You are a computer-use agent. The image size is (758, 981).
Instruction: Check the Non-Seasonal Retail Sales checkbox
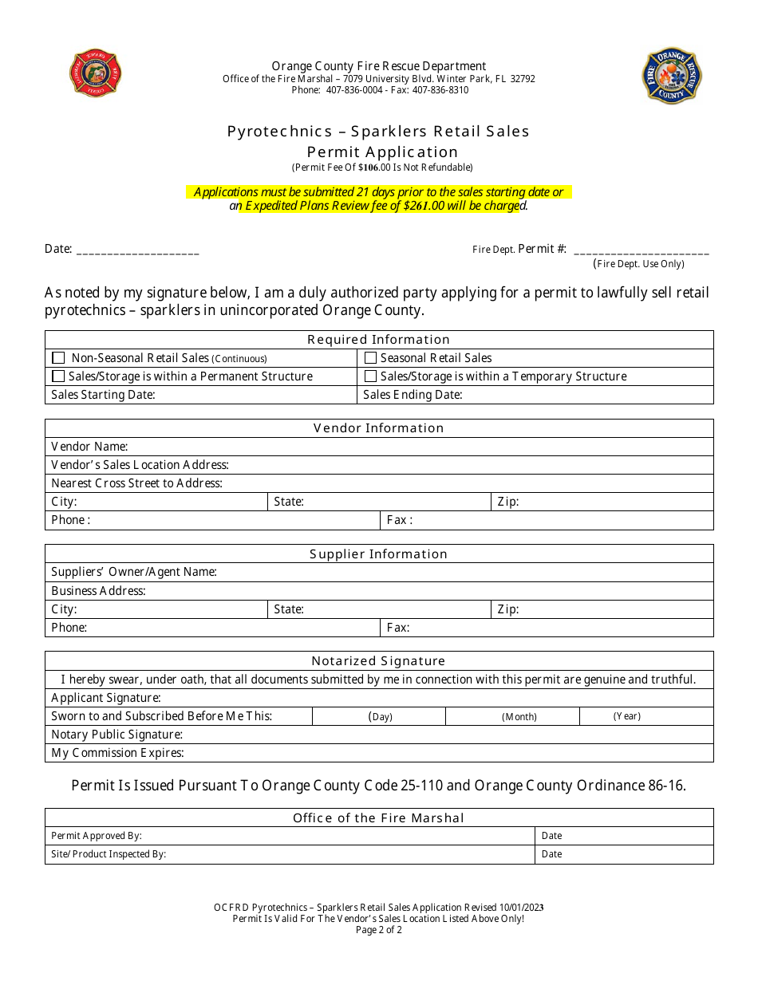pos(58,358)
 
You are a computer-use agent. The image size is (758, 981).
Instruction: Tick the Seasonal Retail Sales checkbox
pos(370,358)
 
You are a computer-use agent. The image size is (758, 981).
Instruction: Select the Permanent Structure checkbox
pos(58,376)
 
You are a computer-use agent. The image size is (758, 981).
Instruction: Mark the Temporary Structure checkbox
pos(370,376)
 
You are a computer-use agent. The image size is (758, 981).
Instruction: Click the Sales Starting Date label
pos(103,395)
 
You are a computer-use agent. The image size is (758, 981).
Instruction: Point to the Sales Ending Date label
pos(413,395)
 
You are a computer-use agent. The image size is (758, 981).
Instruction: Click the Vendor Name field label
pos(89,447)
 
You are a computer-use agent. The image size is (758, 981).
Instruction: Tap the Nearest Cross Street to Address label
pos(136,483)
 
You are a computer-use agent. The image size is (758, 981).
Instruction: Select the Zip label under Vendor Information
pos(508,502)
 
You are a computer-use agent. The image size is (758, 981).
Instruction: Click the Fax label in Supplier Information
pos(398,628)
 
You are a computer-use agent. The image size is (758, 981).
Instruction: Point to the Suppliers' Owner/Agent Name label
pos(134,572)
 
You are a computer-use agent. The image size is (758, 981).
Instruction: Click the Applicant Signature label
pos(106,698)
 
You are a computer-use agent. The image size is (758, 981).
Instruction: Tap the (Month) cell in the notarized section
pos(519,716)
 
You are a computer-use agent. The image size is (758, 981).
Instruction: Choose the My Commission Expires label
pos(117,753)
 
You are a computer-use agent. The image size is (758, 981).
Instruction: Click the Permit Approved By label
pos(97,836)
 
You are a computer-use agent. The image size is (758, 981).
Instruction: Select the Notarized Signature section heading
pos(378,660)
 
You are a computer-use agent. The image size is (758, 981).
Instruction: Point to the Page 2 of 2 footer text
pos(379,930)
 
